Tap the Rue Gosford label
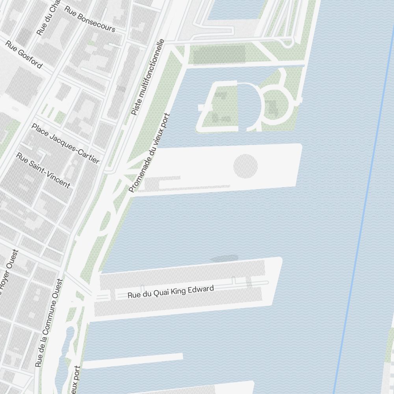[x=24, y=54]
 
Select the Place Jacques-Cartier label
[x=65, y=143]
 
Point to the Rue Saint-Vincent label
[x=43, y=170]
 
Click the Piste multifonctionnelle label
[x=147, y=77]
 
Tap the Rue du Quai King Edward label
[x=171, y=292]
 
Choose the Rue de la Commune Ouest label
[x=49, y=323]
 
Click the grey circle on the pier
[x=245, y=166]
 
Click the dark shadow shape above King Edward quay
[x=225, y=258]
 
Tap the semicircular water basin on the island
[x=249, y=105]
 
